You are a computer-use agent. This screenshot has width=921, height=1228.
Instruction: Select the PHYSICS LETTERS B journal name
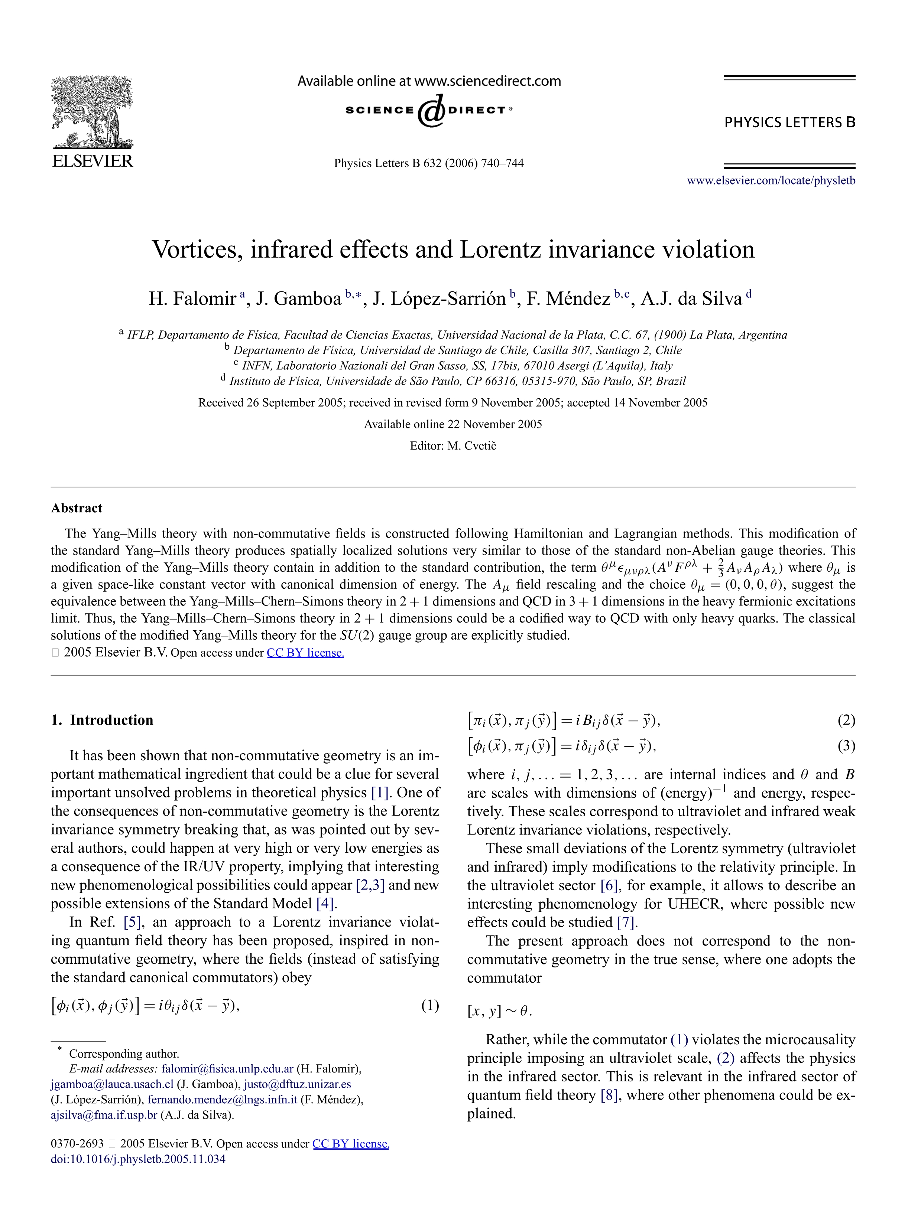pos(789,123)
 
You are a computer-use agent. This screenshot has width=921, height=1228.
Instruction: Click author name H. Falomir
pos(192,299)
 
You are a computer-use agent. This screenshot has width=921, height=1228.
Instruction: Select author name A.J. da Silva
pos(691,299)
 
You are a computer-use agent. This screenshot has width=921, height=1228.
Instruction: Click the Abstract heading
pos(77,508)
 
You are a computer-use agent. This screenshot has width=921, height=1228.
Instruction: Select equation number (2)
pos(846,720)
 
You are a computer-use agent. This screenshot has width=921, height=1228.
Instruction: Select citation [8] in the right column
pos(609,1095)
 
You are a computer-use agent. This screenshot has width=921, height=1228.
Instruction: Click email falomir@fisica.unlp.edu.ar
pos(227,1069)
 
